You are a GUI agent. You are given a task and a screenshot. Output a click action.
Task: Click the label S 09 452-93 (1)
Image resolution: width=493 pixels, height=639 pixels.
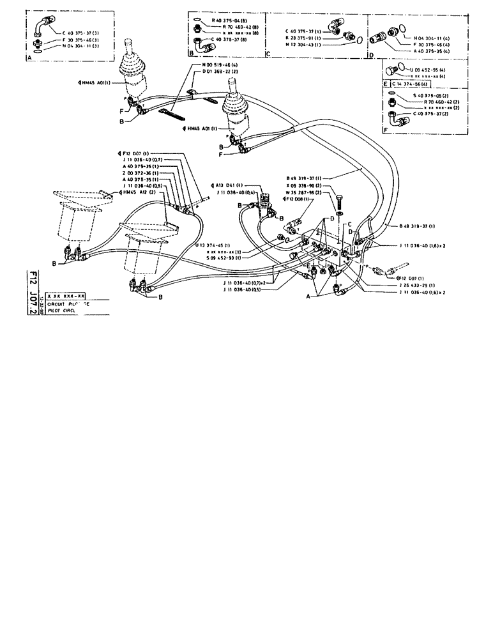point(222,258)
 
